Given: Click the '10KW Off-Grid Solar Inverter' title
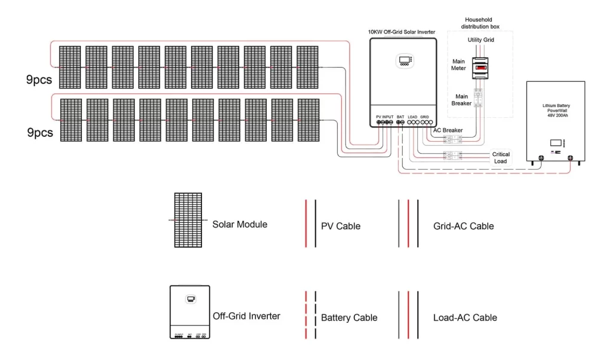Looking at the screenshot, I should pyautogui.click(x=402, y=31).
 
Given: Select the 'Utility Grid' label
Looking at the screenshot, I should pyautogui.click(x=481, y=39).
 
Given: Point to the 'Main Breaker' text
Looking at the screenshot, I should pyautogui.click(x=462, y=100).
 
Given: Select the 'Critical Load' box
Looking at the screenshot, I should pyautogui.click(x=501, y=158).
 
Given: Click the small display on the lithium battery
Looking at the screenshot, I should pyautogui.click(x=556, y=144).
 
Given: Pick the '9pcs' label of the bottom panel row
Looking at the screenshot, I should pyautogui.click(x=39, y=132).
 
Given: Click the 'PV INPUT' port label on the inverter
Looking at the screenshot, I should pyautogui.click(x=384, y=116).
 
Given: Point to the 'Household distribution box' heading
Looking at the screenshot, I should pyautogui.click(x=480, y=23).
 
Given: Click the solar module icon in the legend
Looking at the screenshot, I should pyautogui.click(x=187, y=220).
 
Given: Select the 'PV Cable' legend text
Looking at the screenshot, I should pyautogui.click(x=341, y=226).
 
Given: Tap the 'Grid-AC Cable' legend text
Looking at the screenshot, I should pyautogui.click(x=463, y=226).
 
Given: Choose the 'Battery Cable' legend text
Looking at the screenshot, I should pyautogui.click(x=349, y=318).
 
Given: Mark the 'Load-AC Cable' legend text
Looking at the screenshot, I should pyautogui.click(x=464, y=318).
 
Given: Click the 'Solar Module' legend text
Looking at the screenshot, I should pyautogui.click(x=240, y=224).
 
